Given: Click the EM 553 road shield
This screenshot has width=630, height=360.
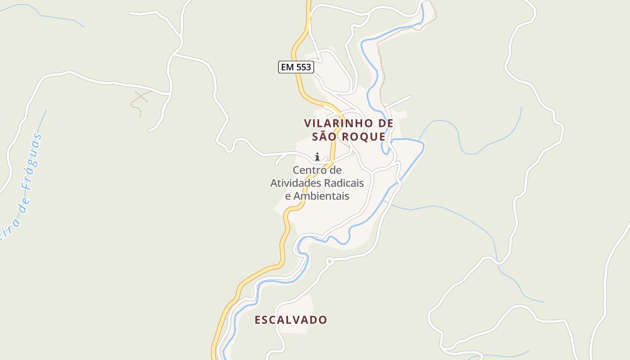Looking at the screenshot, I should point(295,67).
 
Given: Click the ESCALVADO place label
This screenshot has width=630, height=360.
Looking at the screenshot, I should point(291,320).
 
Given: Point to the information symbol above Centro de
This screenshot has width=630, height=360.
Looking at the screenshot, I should point(317,157).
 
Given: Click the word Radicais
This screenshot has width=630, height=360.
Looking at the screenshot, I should point(342,183).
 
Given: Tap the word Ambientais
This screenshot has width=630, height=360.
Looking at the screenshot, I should point(321,196).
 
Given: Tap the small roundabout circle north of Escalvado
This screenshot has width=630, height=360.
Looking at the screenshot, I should point(329,261).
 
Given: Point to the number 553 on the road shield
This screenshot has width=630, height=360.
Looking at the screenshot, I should point(303,67).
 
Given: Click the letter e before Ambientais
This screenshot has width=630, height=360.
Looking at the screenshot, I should point(288,196).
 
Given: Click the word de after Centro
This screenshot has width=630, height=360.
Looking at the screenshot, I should point(335,170).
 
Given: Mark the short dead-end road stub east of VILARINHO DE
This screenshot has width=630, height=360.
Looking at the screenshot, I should point(400,102).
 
